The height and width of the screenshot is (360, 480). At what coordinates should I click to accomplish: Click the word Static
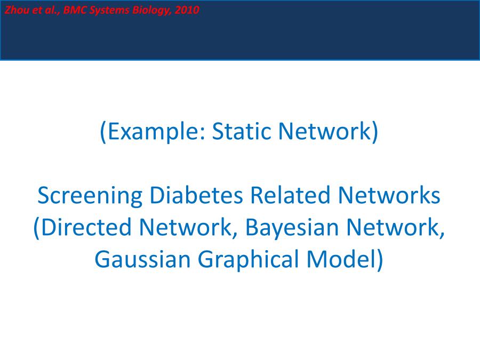[242, 131]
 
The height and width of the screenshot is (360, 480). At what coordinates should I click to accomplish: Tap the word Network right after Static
[324, 131]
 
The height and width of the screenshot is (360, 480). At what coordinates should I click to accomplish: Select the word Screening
[90, 196]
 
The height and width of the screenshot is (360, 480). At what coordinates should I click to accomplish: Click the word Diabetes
[196, 195]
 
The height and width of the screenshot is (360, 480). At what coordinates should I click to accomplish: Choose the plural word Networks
[389, 195]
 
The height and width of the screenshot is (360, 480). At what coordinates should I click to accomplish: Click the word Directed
[86, 227]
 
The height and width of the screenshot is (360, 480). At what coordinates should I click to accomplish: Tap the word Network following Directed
[185, 227]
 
